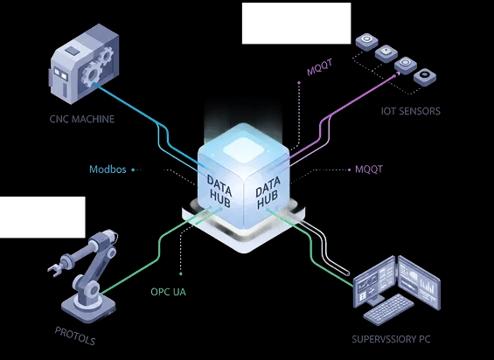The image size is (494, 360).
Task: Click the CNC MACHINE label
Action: tap(81, 119)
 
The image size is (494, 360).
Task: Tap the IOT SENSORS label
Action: tap(410, 111)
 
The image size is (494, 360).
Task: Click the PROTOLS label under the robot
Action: tap(75, 336)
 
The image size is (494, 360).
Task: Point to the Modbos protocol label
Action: tap(108, 170)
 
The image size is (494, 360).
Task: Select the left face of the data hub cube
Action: tap(219, 188)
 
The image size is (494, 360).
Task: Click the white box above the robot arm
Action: tap(42, 217)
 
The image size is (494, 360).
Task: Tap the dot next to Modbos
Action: tap(133, 170)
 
